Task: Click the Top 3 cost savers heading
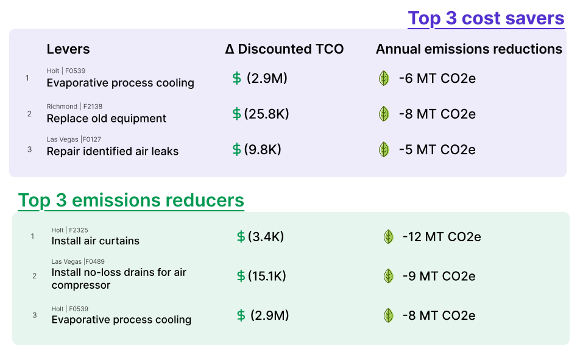coord(486,18)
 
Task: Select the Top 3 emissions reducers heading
coord(131,200)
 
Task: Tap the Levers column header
coord(68,49)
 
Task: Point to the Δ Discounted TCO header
coord(285,49)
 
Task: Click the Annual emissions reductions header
coord(469,49)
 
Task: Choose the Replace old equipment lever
coord(107,118)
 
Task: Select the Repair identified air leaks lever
coord(113,151)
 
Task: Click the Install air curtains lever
coord(95,241)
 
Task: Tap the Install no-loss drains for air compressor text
coord(119,278)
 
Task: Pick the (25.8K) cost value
coord(266,114)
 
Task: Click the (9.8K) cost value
coord(263,149)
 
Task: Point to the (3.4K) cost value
coord(266,236)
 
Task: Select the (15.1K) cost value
coord(267,276)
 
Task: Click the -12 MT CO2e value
coord(442,236)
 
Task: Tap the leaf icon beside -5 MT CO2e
coord(384,149)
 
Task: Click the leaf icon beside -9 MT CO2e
coord(388,276)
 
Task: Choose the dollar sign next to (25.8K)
coord(236,114)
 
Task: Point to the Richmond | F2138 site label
coord(74,107)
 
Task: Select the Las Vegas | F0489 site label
coord(78,262)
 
